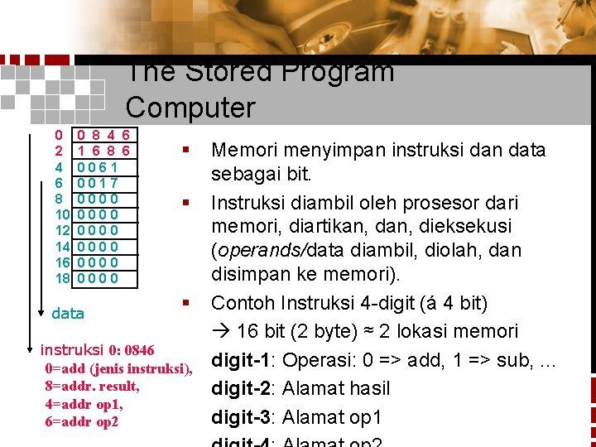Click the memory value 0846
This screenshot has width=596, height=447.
(x=103, y=135)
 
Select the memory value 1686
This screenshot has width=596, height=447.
(x=103, y=151)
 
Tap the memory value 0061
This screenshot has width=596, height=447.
(x=97, y=167)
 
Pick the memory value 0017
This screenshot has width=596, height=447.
(x=97, y=183)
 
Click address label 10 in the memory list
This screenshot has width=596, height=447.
(x=61, y=214)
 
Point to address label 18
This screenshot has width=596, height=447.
(x=61, y=278)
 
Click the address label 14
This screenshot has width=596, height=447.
(x=61, y=247)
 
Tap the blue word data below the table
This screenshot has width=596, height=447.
(x=68, y=314)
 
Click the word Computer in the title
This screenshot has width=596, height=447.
(x=190, y=108)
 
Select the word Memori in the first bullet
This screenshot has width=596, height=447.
(x=244, y=151)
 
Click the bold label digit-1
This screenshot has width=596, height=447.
(x=243, y=362)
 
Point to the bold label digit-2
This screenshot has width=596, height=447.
(x=243, y=388)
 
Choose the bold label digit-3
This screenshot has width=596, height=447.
(x=243, y=416)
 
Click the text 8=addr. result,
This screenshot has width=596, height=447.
(x=93, y=387)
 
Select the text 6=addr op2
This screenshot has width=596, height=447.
(x=83, y=422)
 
